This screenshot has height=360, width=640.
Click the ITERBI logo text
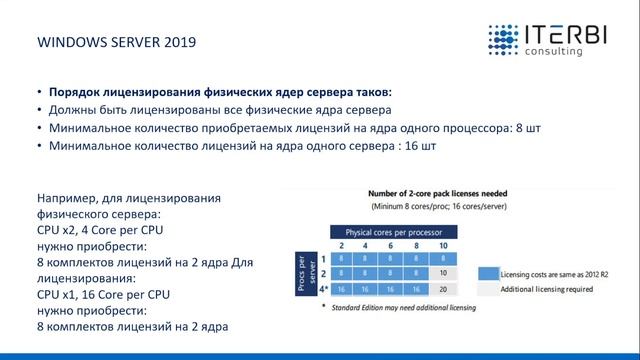[x=564, y=37]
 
